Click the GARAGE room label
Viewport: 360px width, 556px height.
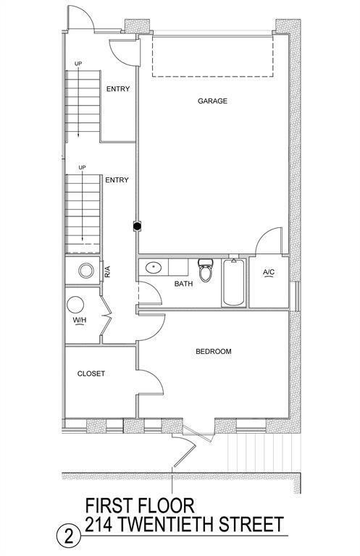pyautogui.click(x=212, y=101)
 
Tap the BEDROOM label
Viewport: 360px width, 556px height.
pyautogui.click(x=214, y=351)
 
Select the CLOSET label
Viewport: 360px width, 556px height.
pyautogui.click(x=91, y=374)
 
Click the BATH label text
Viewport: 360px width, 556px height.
pyautogui.click(x=184, y=284)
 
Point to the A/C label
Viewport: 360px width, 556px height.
pyautogui.click(x=269, y=272)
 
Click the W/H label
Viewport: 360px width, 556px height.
pyautogui.click(x=80, y=320)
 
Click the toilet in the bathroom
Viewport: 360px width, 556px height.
pyautogui.click(x=206, y=270)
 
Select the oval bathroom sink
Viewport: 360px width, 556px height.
pyautogui.click(x=154, y=267)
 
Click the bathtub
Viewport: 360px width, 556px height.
pyautogui.click(x=233, y=283)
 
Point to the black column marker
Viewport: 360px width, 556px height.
pyautogui.click(x=137, y=226)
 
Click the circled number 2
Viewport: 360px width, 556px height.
pyautogui.click(x=69, y=537)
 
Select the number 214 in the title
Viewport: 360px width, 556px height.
pyautogui.click(x=99, y=524)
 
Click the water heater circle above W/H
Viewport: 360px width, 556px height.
pyautogui.click(x=75, y=305)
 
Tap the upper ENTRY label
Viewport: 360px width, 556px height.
pyautogui.click(x=118, y=89)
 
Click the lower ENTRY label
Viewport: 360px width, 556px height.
pyautogui.click(x=117, y=180)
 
